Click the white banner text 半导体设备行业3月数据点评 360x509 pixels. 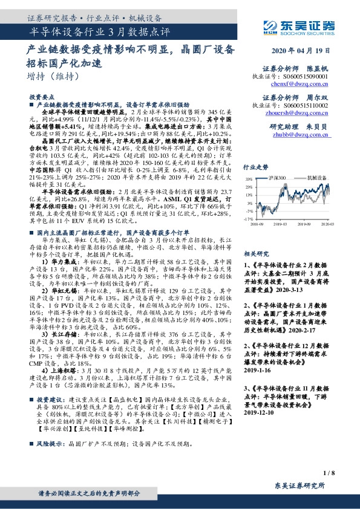click(x=100, y=31)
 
